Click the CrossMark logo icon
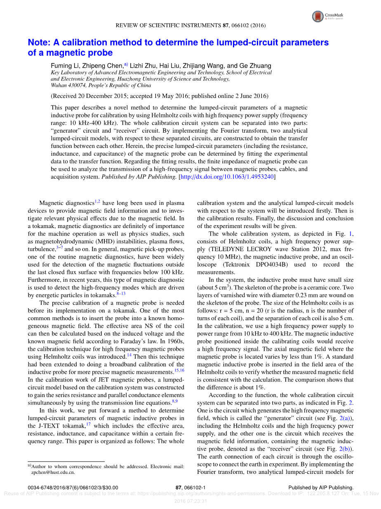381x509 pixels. [x=318, y=17]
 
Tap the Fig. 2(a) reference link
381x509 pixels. [x=344, y=419]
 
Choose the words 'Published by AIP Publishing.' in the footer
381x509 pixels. [x=321, y=488]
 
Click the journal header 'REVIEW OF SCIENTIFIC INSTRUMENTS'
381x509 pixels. [x=168, y=25]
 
